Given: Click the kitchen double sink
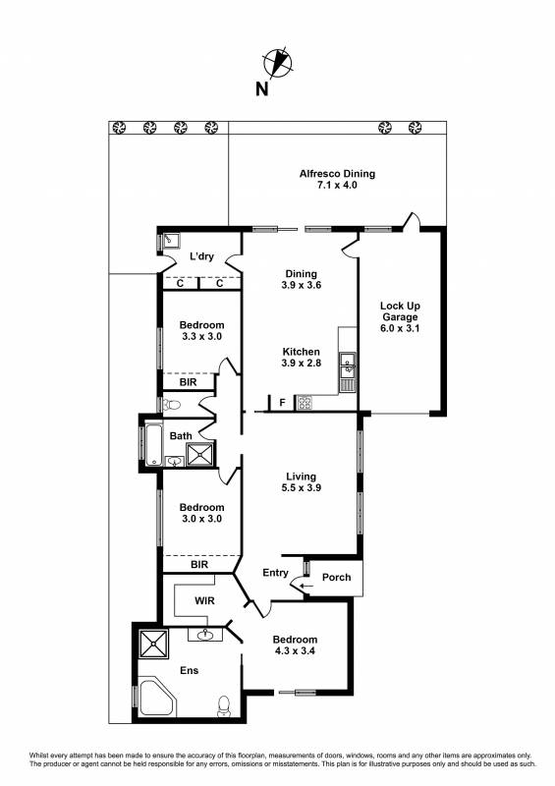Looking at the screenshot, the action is [347, 365].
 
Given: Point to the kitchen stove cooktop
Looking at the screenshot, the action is [305, 403].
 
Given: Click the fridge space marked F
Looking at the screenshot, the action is [282, 403].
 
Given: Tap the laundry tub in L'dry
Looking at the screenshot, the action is [172, 240].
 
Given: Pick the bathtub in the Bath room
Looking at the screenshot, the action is [154, 445].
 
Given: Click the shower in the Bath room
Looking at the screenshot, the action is [200, 454].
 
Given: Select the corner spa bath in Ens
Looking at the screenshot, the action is [156, 698].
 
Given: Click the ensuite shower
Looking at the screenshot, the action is [154, 644].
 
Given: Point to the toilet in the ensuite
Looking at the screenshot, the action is [224, 705].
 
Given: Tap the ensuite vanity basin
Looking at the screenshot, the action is [205, 635].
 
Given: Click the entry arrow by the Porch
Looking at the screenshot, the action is [306, 585].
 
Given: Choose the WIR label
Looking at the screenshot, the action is [204, 600].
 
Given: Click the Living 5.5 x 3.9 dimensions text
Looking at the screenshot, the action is [301, 487].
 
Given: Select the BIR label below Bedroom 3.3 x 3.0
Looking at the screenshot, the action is [189, 382].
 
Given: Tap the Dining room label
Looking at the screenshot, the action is [301, 274].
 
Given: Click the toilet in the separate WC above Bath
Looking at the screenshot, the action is [172, 404].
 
